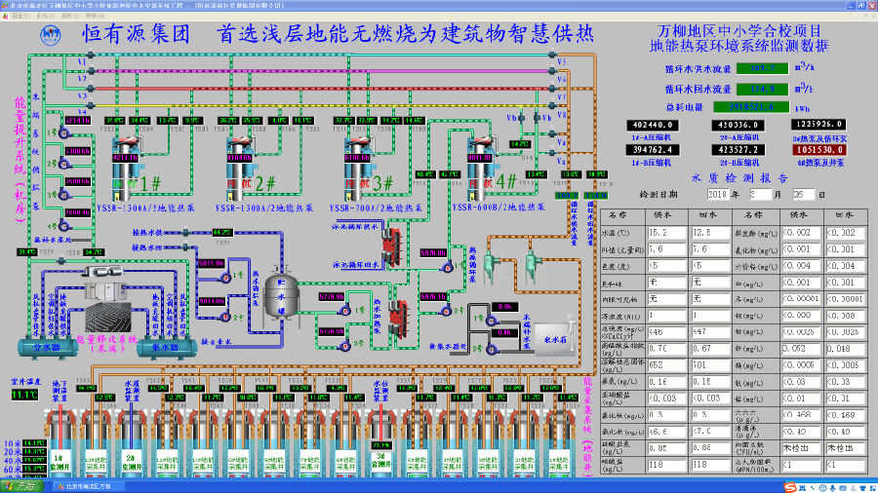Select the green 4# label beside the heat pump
pos(506,182)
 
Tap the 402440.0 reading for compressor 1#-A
pos(655,126)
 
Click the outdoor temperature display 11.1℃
pos(22,395)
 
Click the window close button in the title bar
pos(870,5)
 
